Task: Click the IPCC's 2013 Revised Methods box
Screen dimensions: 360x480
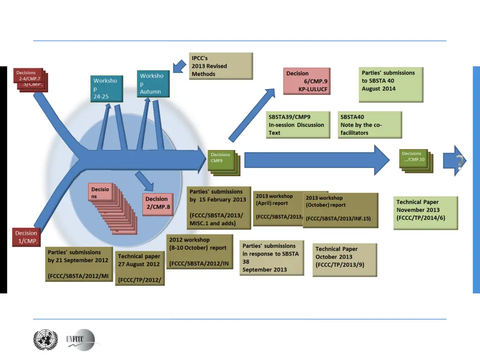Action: point(221,66)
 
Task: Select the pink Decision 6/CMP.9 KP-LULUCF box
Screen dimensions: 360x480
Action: point(307,82)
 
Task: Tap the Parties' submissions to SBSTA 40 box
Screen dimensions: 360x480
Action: point(391,84)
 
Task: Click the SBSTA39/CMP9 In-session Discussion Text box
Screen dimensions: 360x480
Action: point(298,125)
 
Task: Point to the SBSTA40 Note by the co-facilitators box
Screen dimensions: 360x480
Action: point(369,125)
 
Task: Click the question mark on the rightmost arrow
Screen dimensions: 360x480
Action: point(460,162)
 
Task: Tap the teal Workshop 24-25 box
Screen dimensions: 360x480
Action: point(107,89)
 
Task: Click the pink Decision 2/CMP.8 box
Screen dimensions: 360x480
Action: point(158,203)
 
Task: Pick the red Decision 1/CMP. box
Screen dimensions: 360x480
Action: point(26,237)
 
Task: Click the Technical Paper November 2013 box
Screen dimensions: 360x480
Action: point(426,212)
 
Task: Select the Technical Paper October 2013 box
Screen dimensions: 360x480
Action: point(345,259)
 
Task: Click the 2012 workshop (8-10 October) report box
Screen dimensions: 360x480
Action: point(200,252)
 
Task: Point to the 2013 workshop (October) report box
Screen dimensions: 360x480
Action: point(341,210)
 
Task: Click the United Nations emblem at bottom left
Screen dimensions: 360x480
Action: point(45,339)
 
